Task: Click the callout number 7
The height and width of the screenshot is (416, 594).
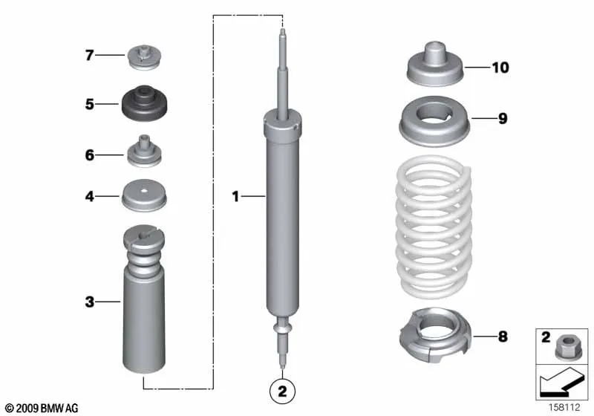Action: point(89,55)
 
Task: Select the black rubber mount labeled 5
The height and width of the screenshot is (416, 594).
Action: point(144,103)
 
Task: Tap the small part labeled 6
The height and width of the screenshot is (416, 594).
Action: point(144,152)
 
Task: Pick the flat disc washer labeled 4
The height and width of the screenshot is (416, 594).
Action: point(144,195)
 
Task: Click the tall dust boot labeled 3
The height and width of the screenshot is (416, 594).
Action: point(144,299)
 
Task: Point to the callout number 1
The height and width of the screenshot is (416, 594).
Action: point(235,196)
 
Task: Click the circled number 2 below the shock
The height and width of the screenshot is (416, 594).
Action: point(282,391)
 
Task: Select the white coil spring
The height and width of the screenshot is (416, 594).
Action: point(434,227)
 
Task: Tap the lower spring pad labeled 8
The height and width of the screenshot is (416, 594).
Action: point(434,334)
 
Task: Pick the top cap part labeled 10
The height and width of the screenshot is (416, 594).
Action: point(435,64)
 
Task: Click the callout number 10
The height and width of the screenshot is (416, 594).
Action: point(500,68)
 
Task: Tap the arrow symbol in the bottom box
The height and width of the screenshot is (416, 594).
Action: point(561,383)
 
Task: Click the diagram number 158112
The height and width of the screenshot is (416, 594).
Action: point(564,407)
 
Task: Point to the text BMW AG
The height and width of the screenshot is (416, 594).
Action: point(59,408)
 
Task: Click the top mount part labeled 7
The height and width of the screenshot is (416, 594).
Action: point(144,57)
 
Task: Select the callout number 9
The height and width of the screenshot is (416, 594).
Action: point(503,119)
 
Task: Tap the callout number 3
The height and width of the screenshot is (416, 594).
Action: point(89,302)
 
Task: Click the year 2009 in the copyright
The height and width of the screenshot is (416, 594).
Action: point(27,408)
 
